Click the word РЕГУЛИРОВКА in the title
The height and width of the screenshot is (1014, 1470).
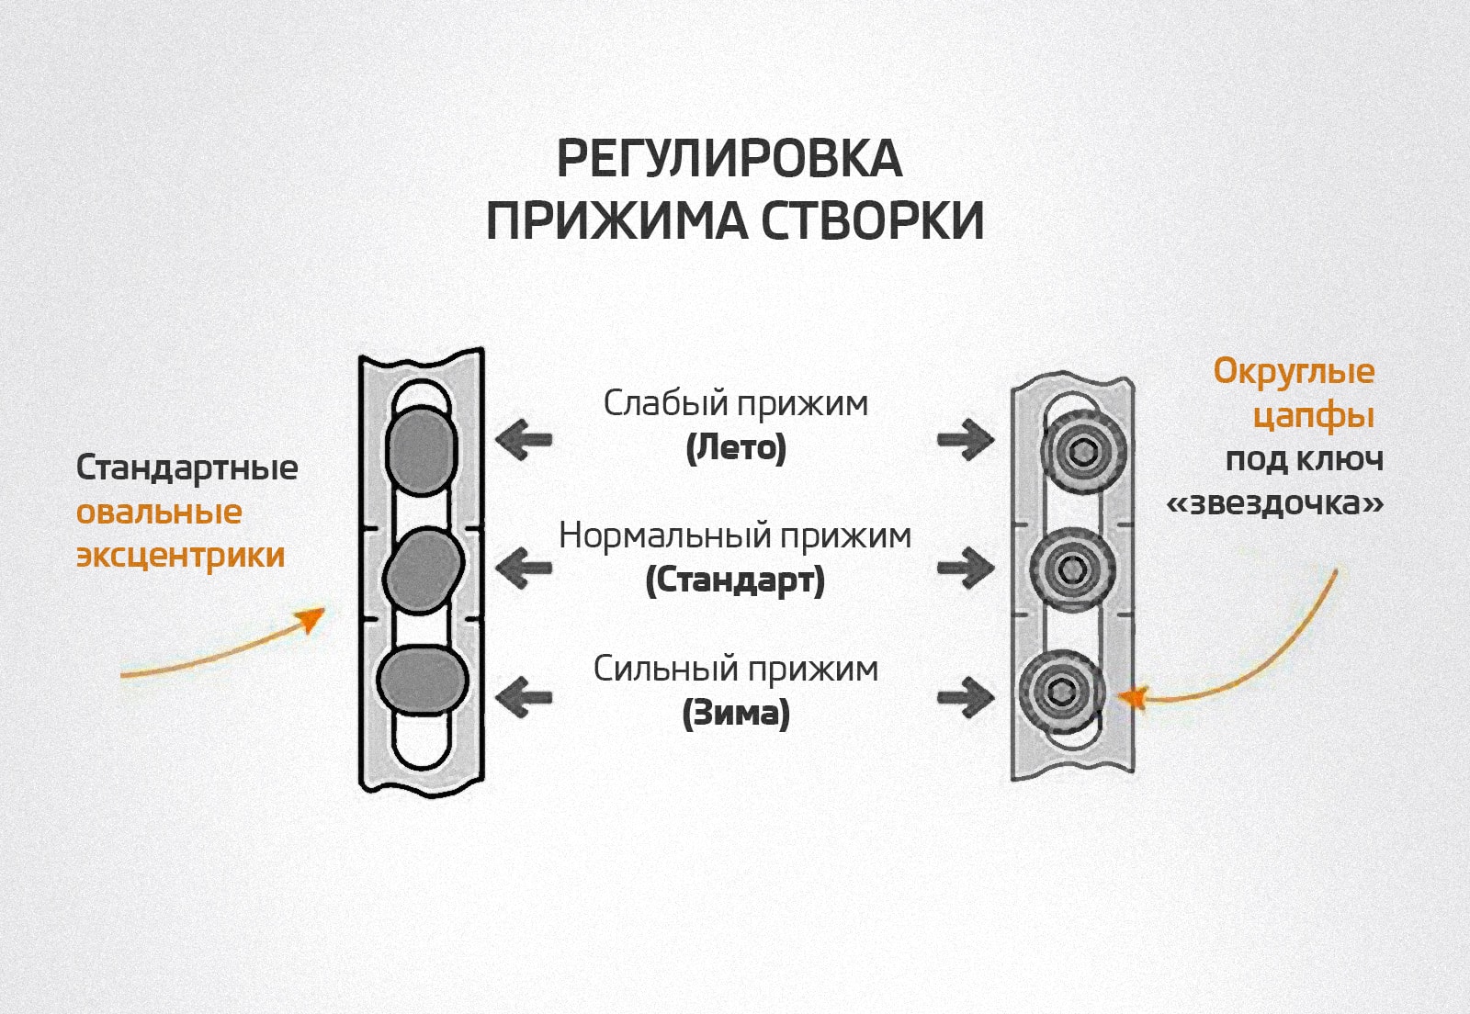pyautogui.click(x=729, y=160)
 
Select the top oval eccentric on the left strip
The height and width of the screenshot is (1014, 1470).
pyautogui.click(x=422, y=450)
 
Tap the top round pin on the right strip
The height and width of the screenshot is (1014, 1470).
pyautogui.click(x=1083, y=452)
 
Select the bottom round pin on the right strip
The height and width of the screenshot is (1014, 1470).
pyautogui.click(x=1062, y=691)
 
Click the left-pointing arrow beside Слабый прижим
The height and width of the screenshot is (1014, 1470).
pyautogui.click(x=524, y=439)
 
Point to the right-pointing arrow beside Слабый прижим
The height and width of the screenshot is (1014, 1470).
pyautogui.click(x=965, y=439)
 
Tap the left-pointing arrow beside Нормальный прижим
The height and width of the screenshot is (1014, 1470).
pyautogui.click(x=524, y=568)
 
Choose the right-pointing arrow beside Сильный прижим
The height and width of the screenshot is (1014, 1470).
pyautogui.click(x=965, y=697)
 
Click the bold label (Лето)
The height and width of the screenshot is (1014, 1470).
pyautogui.click(x=736, y=448)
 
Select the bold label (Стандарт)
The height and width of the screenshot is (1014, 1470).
pyautogui.click(x=735, y=580)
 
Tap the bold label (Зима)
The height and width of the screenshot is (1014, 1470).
pyautogui.click(x=736, y=714)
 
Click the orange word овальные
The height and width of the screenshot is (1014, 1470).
pyautogui.click(x=159, y=513)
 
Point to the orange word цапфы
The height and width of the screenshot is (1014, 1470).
pyautogui.click(x=1313, y=416)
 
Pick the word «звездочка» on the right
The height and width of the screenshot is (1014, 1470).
pyautogui.click(x=1274, y=503)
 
